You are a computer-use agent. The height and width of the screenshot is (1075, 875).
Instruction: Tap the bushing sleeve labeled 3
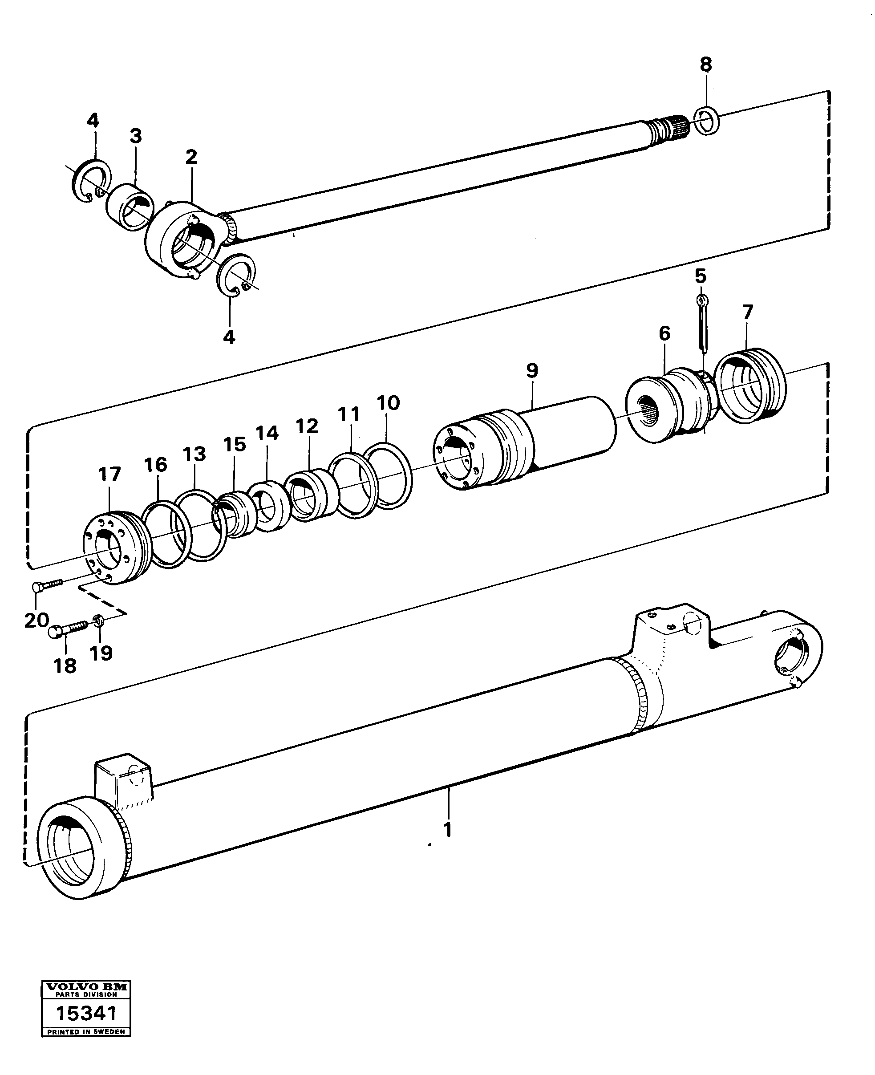tap(126, 207)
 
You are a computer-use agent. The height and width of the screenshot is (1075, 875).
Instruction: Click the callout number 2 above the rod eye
tap(191, 157)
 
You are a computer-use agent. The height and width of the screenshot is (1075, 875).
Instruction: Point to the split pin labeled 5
tap(703, 323)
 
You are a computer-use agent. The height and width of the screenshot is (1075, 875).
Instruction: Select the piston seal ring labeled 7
tap(750, 386)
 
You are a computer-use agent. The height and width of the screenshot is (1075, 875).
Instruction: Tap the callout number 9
tap(532, 370)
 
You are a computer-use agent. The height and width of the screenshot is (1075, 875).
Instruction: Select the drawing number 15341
tap(86, 1013)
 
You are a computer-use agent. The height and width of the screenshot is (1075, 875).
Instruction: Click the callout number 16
tap(155, 465)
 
